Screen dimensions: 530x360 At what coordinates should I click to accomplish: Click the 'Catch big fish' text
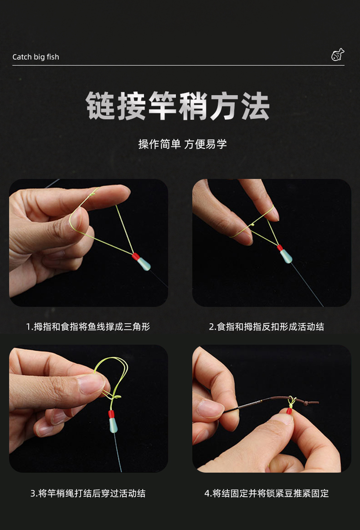(36, 57)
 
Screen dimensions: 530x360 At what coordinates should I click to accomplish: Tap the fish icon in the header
(337, 55)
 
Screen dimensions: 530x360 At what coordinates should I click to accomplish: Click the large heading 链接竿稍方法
(178, 106)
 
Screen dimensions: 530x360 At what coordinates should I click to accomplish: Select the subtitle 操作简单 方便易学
(182, 144)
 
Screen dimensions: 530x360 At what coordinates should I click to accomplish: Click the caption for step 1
(88, 326)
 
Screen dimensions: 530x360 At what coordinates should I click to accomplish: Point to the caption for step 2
(267, 326)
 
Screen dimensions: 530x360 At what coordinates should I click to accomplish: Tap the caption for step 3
(88, 493)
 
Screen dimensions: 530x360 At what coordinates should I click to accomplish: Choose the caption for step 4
(267, 493)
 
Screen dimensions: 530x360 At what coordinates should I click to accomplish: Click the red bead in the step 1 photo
(135, 256)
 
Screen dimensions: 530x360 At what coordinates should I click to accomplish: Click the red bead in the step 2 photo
(280, 249)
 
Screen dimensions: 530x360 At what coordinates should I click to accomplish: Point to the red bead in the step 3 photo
(111, 414)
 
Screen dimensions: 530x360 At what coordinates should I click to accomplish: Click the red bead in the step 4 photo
(289, 411)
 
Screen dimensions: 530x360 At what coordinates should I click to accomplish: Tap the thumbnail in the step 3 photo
(91, 384)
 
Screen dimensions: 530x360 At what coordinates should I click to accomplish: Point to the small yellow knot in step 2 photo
(252, 225)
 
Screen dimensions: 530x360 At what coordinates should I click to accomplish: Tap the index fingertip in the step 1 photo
(121, 191)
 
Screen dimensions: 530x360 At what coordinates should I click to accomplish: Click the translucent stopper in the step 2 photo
(286, 257)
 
